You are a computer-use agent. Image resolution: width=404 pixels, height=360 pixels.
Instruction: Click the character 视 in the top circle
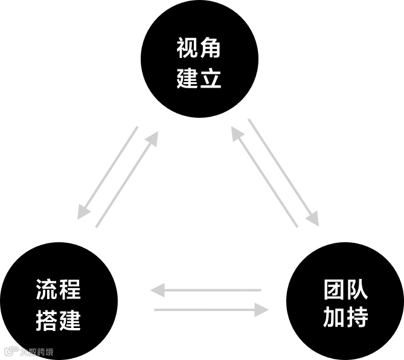pos(187,48)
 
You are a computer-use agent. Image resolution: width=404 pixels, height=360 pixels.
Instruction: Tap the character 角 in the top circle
pos(211,48)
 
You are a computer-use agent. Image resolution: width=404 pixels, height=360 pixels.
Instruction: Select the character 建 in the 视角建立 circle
pos(187,78)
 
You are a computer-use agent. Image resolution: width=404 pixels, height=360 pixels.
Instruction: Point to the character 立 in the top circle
pos(211,78)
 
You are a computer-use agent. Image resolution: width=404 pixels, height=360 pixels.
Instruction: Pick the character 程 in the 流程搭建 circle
pos(70,290)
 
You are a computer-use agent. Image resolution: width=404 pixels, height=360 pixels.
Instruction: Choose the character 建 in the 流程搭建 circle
pos(70,320)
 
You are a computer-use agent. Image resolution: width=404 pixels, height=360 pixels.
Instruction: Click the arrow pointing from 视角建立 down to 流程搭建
pos(108,172)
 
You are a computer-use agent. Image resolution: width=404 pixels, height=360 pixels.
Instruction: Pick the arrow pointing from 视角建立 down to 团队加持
pos(283,172)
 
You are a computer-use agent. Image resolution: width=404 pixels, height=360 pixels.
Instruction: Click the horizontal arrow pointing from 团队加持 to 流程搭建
pos(205,291)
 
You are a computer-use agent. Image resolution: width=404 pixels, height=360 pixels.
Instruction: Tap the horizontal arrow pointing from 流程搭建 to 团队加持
pos(211,310)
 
